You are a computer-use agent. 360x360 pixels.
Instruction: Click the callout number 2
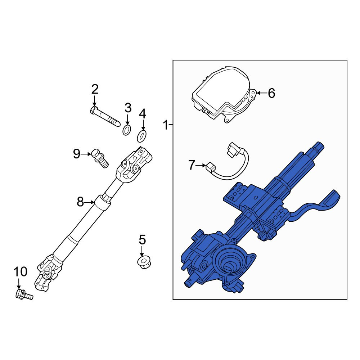pyautogui.click(x=95, y=89)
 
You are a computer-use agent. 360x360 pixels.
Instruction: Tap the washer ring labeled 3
pyautogui.click(x=127, y=130)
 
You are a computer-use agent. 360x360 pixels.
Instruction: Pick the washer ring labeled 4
pyautogui.click(x=142, y=136)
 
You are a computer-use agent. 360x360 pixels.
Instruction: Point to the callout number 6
pyautogui.click(x=271, y=93)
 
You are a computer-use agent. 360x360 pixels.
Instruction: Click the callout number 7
pyautogui.click(x=192, y=165)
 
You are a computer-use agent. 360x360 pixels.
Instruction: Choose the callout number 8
pyautogui.click(x=80, y=202)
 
